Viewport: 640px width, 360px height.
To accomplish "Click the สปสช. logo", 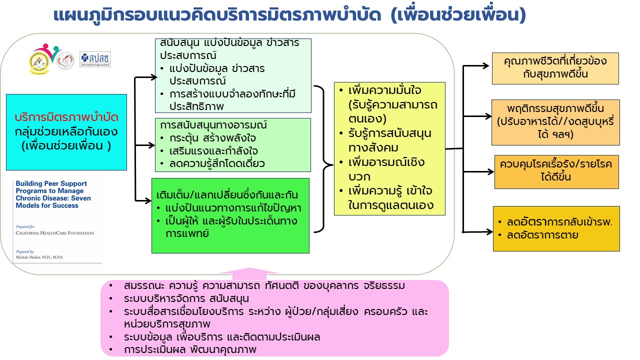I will tap(95, 59).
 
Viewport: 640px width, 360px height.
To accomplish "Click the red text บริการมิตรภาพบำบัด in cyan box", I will tap(66, 118).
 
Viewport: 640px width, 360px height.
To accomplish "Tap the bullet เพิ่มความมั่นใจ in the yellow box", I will tap(385, 91).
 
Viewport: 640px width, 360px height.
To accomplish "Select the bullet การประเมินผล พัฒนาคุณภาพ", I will tap(190, 349).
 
